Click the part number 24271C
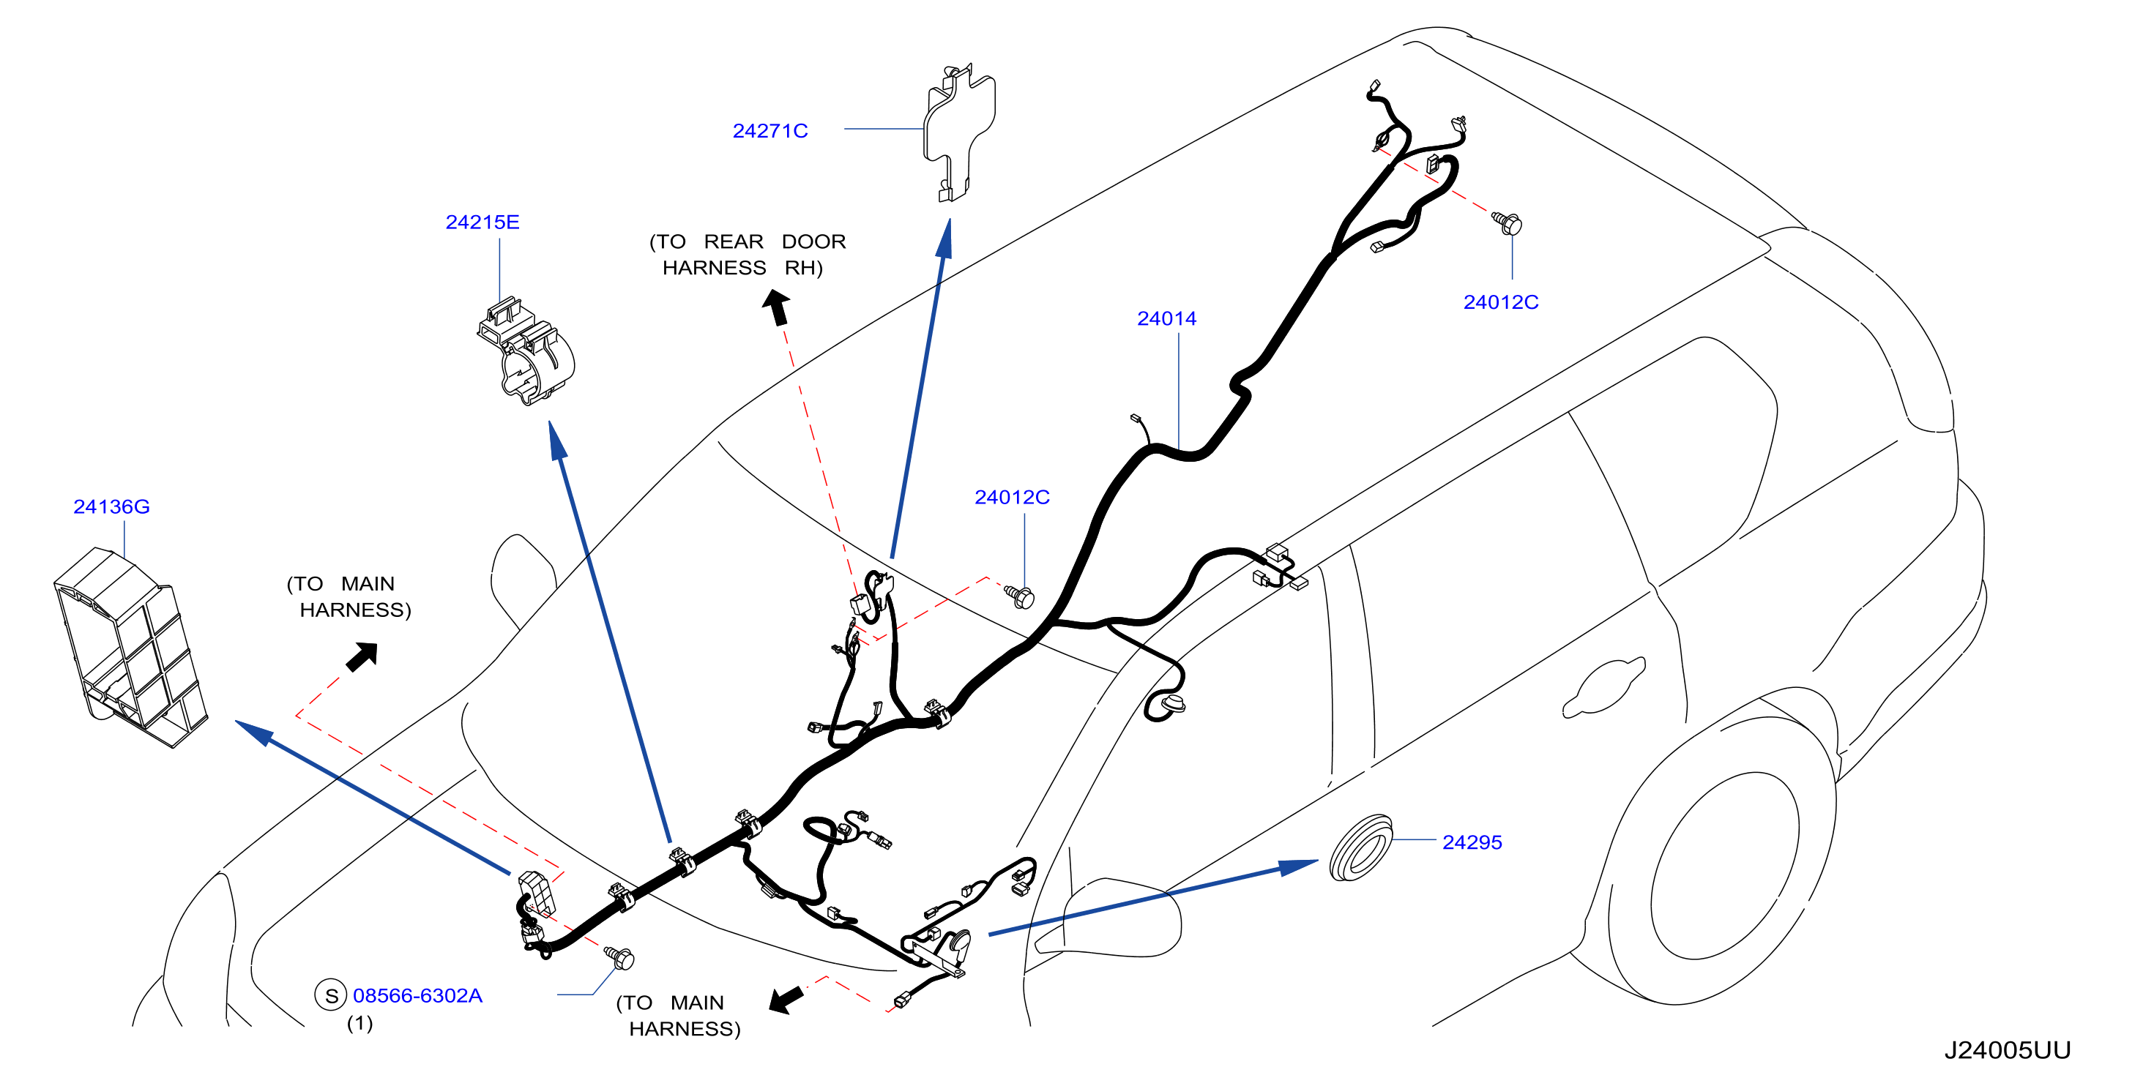tap(770, 130)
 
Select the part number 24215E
tap(482, 222)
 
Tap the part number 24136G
tap(111, 506)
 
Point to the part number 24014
tap(1166, 318)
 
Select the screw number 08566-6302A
tap(417, 996)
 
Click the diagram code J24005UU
tap(2007, 1050)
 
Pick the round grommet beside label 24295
tap(1360, 847)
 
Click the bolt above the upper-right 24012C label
tap(1508, 223)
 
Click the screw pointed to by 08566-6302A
tap(619, 957)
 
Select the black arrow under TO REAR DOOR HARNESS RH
tap(776, 306)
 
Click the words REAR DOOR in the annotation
tap(775, 241)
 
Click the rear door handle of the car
tap(1604, 688)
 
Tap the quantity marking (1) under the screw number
tap(359, 1023)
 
